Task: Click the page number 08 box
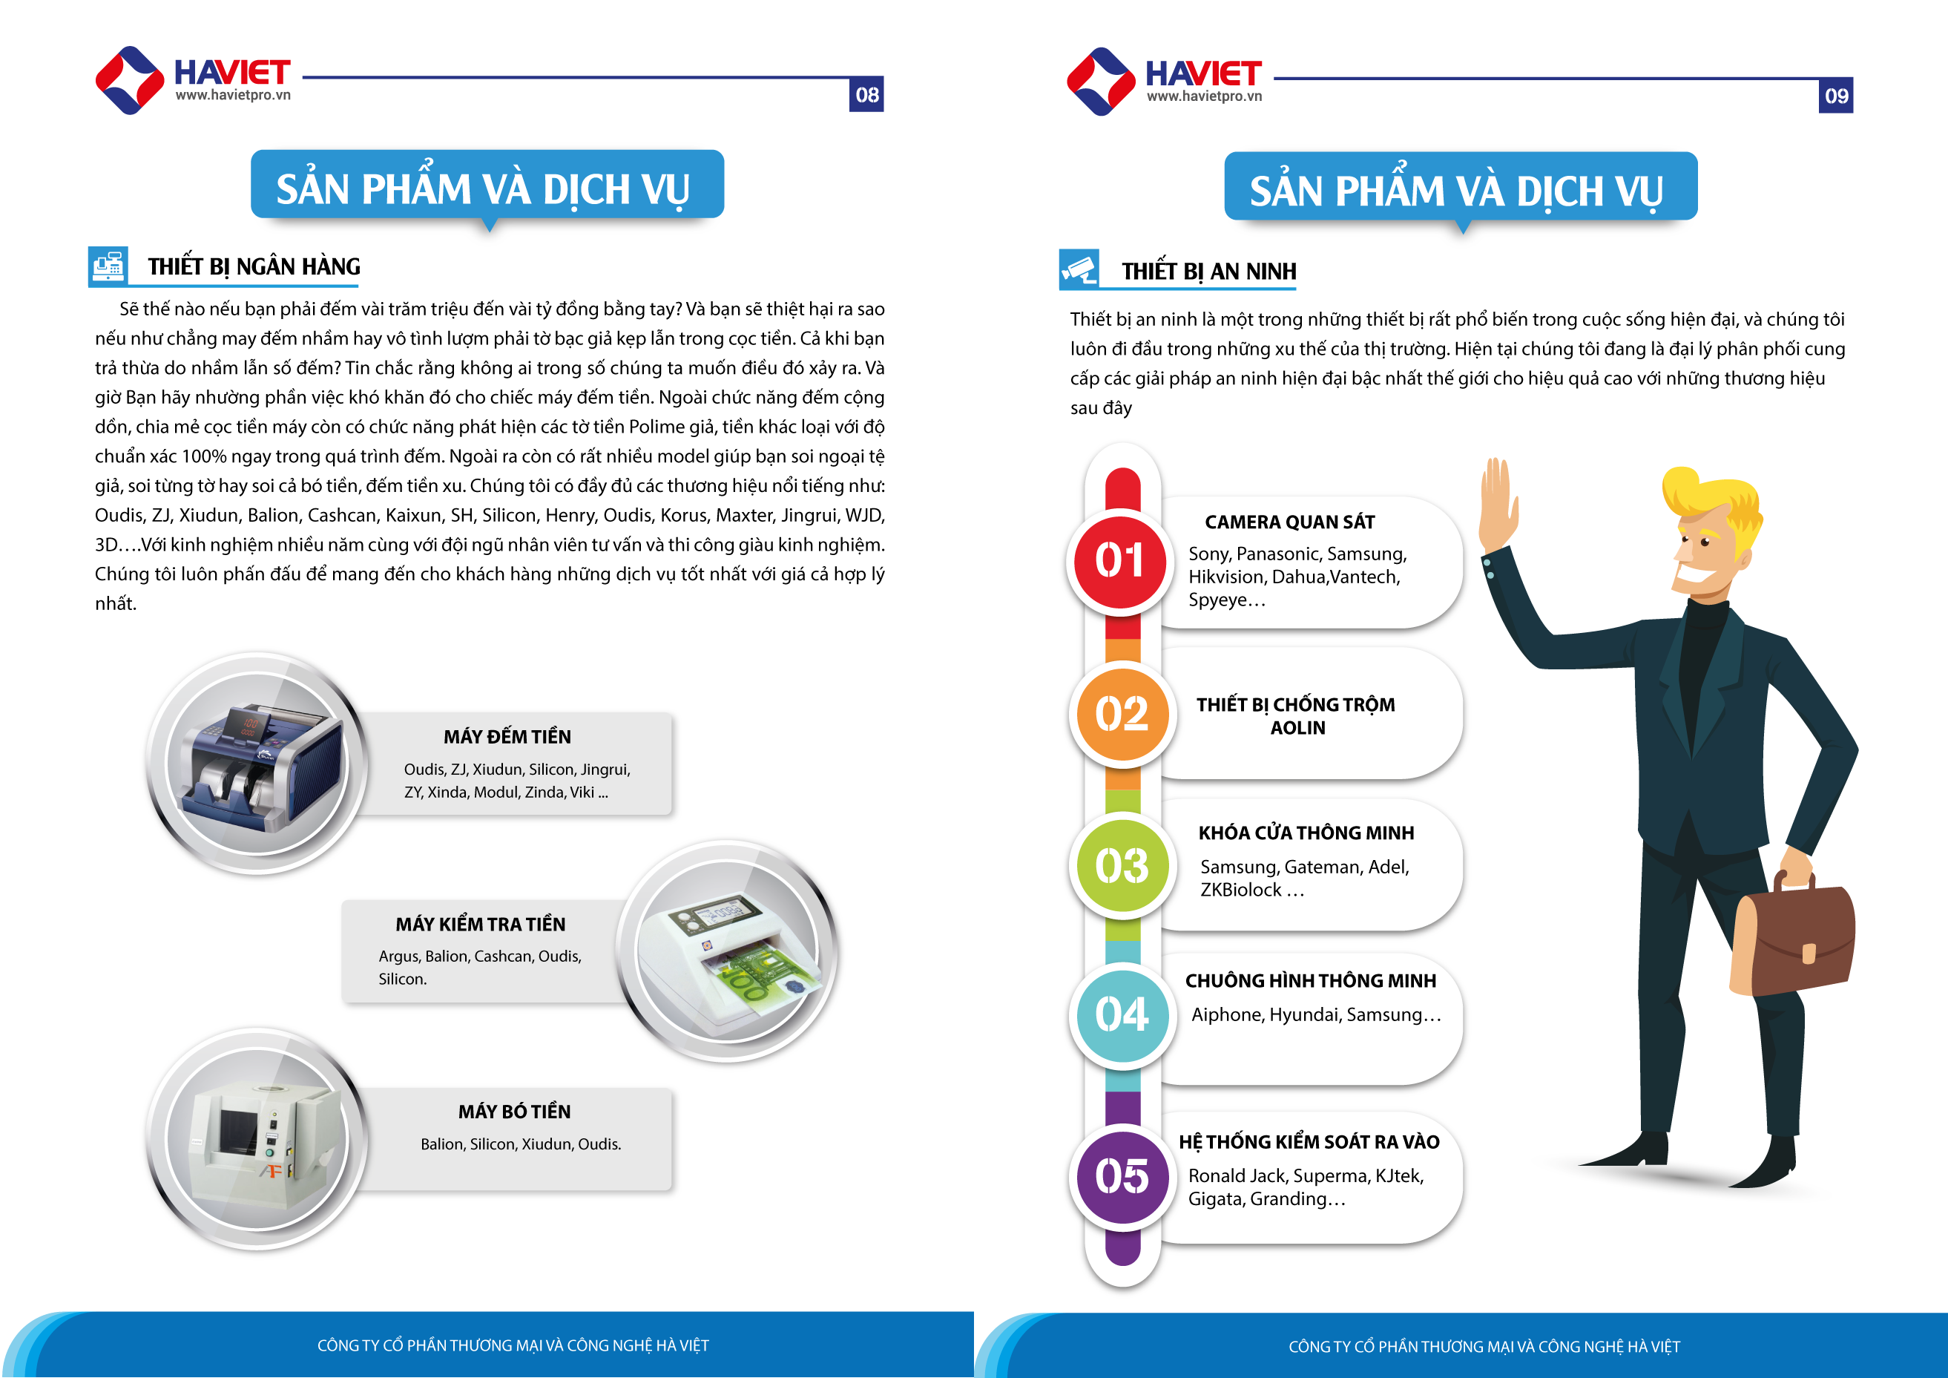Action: pos(866,94)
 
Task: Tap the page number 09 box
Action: pos(1835,96)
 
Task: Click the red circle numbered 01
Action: pos(1120,562)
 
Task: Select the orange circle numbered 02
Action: pos(1122,714)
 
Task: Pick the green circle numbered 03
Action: pos(1122,866)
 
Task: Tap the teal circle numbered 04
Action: pos(1122,1015)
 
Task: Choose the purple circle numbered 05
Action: pos(1122,1177)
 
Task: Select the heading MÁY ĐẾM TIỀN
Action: pos(507,737)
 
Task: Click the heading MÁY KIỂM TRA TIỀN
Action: pos(480,924)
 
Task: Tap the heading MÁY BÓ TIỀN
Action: pos(514,1112)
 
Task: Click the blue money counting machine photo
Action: pos(258,764)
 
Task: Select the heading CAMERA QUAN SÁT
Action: pos(1289,522)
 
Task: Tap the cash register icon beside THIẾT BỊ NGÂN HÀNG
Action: pos(108,266)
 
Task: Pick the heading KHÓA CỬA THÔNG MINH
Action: pos(1306,833)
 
